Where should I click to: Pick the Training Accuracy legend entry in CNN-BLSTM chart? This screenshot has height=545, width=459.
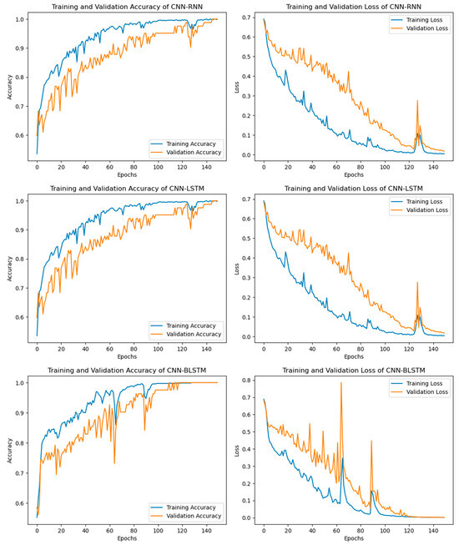coord(184,507)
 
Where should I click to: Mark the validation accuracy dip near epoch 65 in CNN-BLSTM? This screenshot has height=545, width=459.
coord(114,462)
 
